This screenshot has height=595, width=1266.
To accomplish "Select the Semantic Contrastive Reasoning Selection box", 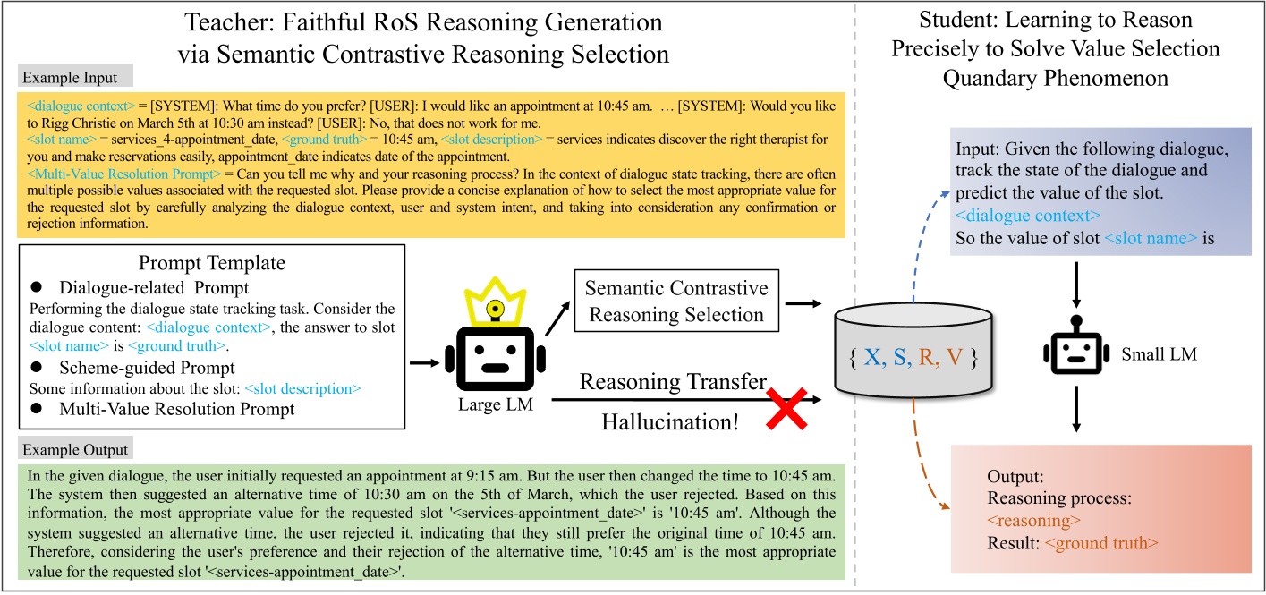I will tap(676, 302).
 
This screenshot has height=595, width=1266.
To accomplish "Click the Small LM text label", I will tap(1160, 355).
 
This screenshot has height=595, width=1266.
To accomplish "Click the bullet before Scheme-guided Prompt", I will tap(37, 368).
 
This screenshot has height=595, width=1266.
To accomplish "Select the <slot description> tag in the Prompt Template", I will tap(302, 389).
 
